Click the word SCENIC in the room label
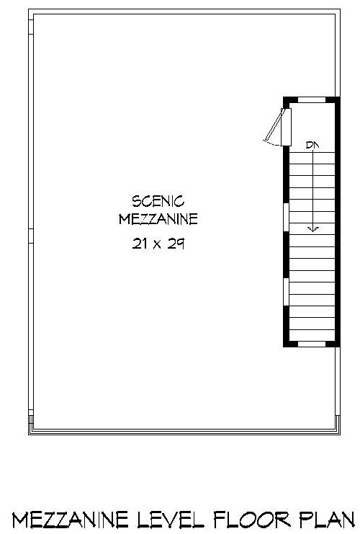pos(158,200)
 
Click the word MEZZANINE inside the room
pos(158,218)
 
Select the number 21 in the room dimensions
pos(140,244)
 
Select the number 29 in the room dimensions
pos(176,244)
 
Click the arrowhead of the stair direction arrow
pos(313,229)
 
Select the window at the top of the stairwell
pos(312,99)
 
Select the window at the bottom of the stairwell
pos(312,344)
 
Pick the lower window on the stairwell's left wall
pos(287,292)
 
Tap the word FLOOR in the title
pos(248,519)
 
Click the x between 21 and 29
pos(158,244)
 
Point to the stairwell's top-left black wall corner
pos(287,99)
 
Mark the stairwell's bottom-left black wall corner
pos(287,344)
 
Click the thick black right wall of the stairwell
pos(337,216)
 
